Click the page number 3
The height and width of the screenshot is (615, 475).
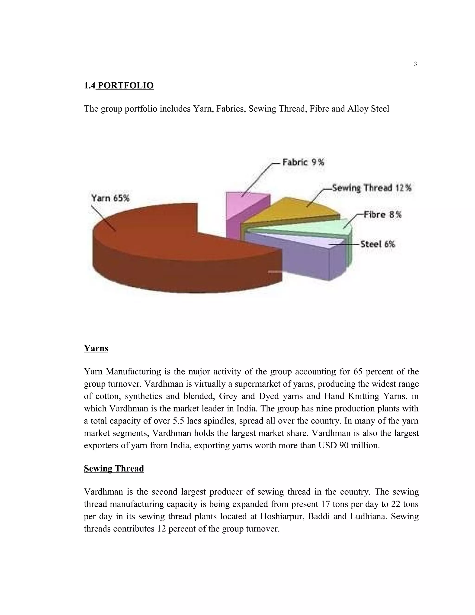[415, 64]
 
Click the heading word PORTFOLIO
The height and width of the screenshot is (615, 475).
[125, 85]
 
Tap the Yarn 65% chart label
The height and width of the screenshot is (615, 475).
[110, 198]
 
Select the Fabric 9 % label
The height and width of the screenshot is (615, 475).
[303, 162]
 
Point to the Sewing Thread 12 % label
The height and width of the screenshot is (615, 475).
[372, 188]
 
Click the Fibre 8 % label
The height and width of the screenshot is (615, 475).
[382, 215]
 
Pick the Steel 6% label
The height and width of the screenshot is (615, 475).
[378, 244]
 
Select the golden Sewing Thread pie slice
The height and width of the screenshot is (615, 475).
[293, 210]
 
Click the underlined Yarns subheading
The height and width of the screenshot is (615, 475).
[96, 348]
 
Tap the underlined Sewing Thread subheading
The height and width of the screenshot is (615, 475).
[114, 468]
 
